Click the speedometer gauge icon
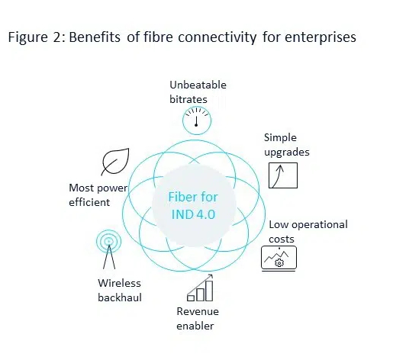coord(197,121)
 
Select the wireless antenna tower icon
coord(109,249)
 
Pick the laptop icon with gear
coord(279,259)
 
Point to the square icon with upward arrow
coord(283,175)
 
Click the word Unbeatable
coord(198,85)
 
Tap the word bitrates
coord(188,99)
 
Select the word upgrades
coord(287,153)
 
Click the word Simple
coord(280,138)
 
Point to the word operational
coord(320,225)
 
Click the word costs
coord(282,239)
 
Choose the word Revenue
coord(198,311)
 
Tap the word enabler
coord(195,326)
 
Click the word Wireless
coord(119,283)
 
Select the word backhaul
coord(120,297)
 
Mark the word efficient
coord(89,202)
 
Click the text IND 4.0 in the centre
coord(193,214)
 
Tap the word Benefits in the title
coord(95,37)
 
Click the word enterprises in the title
coord(321,37)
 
